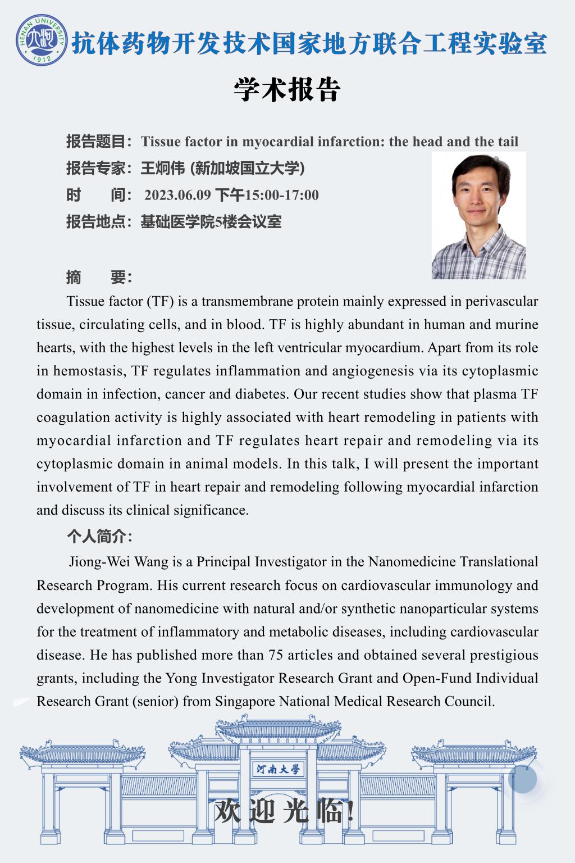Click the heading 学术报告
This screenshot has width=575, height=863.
(x=287, y=90)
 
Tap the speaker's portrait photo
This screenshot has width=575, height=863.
(x=478, y=216)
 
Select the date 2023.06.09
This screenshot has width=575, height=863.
(x=177, y=195)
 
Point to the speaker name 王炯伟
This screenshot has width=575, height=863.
(x=162, y=168)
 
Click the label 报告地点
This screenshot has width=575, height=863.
(x=96, y=222)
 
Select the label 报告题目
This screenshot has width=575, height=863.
(x=96, y=142)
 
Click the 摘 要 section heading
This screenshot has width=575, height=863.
(x=99, y=277)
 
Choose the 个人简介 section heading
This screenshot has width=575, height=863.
(x=99, y=537)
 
